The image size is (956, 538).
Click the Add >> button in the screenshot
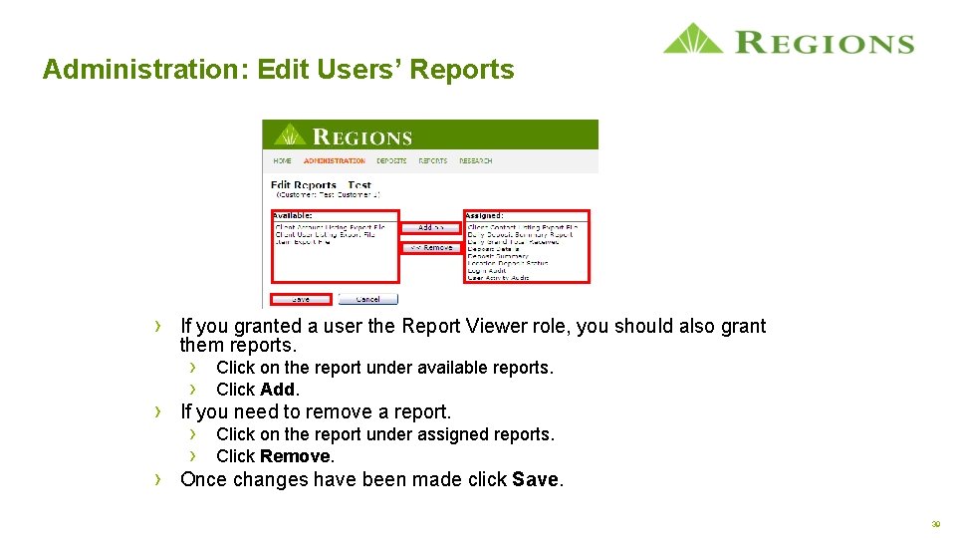point(430,228)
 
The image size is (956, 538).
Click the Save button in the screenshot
point(300,299)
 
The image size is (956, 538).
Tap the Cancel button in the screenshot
point(367,299)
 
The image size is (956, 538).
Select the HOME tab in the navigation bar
point(283,160)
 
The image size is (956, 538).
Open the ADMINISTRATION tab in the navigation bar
point(334,160)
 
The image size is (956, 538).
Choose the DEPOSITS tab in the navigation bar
point(391,160)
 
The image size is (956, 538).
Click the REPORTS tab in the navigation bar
point(432,160)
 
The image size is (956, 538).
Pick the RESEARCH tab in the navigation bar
point(476,160)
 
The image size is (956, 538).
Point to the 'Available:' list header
point(293,215)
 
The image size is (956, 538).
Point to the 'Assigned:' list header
point(485,215)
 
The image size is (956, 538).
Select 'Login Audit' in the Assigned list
point(487,270)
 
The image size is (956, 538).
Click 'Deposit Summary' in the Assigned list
point(497,256)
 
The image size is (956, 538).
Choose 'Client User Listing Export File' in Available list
point(325,235)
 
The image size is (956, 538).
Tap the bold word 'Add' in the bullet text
point(278,390)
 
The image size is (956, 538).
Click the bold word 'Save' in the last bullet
point(535,479)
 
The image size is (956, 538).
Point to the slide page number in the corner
point(935,523)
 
